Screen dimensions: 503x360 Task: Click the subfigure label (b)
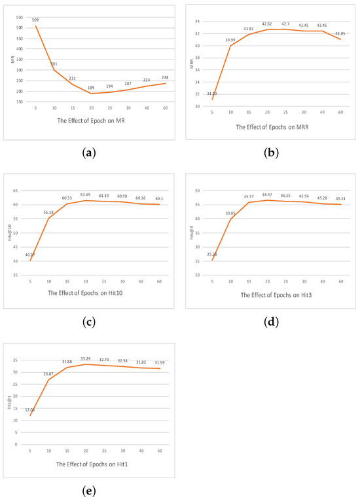pyautogui.click(x=270, y=153)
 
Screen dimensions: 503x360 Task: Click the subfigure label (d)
pyautogui.click(x=270, y=322)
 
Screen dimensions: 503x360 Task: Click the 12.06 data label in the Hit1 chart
pyautogui.click(x=30, y=409)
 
